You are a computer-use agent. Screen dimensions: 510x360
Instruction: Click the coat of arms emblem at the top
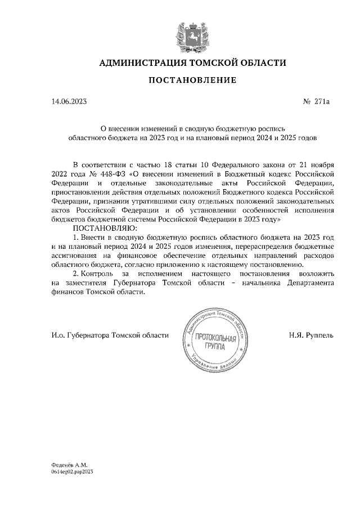pos(192,33)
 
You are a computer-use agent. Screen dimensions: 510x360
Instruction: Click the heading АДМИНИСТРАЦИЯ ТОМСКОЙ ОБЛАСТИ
pos(192,62)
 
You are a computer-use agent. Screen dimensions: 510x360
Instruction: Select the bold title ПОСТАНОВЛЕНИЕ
pos(192,81)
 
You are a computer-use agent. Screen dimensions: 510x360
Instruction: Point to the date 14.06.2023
pos(69,102)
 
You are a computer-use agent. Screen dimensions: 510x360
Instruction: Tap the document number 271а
pos(322,102)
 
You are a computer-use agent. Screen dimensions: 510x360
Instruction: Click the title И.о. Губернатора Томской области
pos(109,335)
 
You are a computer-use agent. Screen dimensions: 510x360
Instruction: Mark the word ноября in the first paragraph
pos(321,164)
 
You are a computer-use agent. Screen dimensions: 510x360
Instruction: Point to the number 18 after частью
pos(170,164)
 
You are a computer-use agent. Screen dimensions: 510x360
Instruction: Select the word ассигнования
pos(75,255)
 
